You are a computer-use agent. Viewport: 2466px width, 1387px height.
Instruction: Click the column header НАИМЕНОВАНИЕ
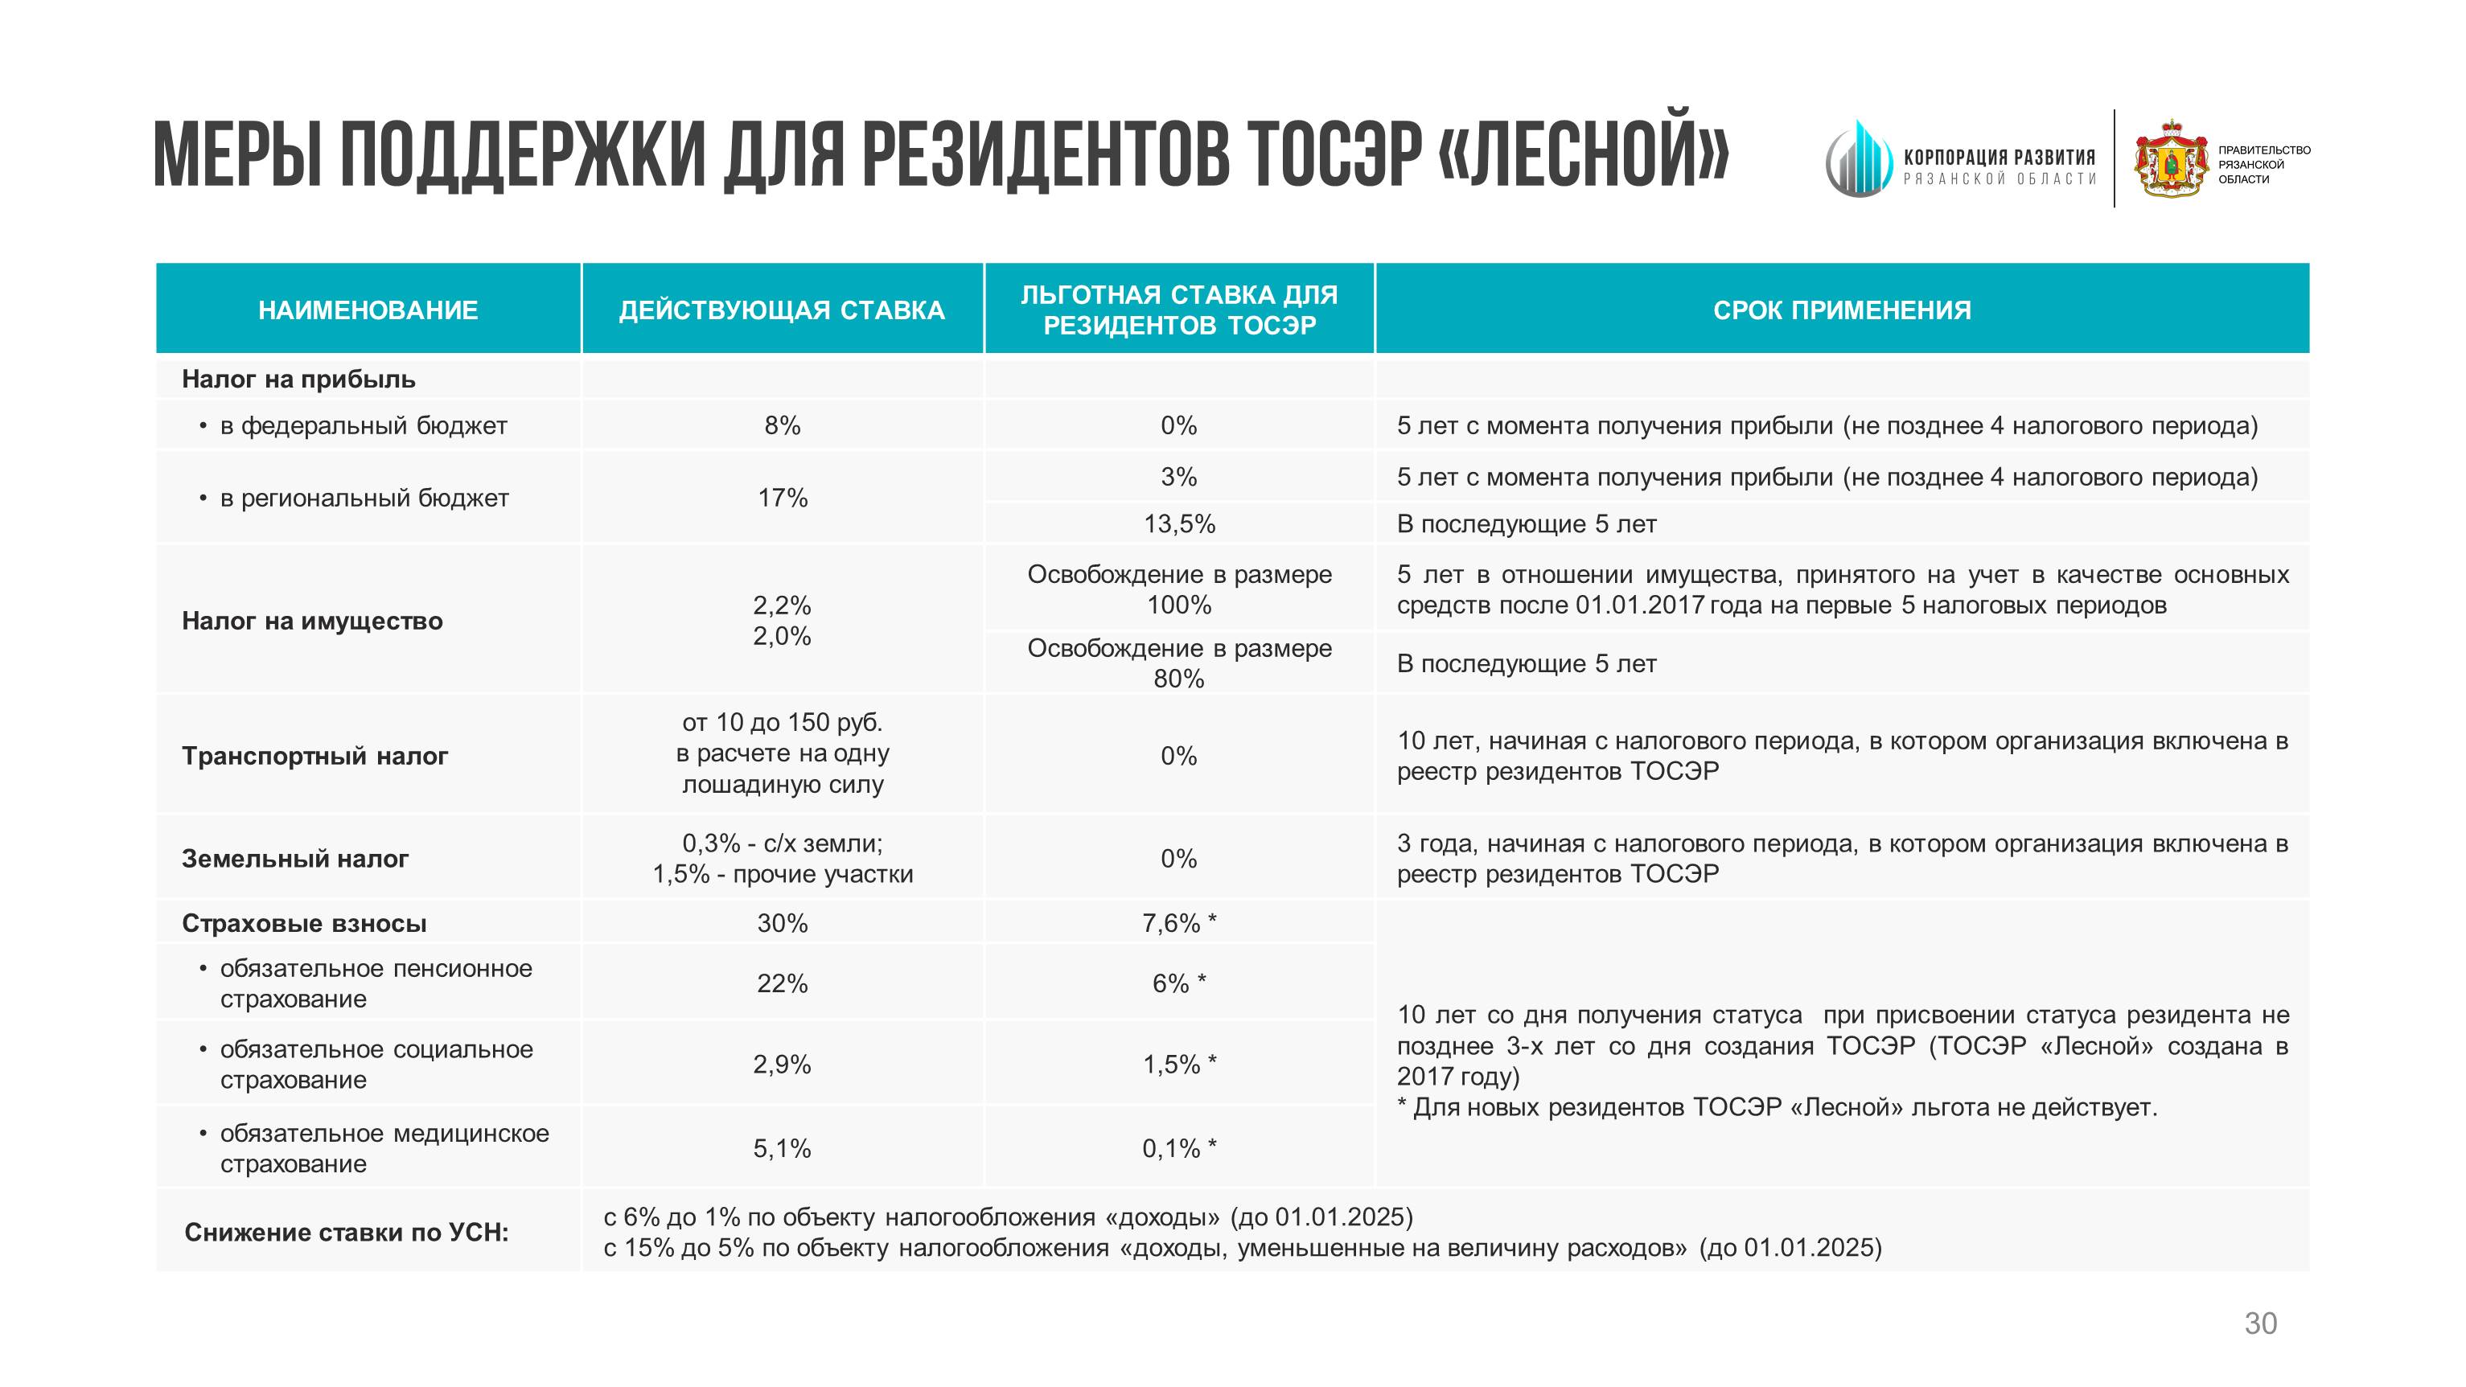click(368, 310)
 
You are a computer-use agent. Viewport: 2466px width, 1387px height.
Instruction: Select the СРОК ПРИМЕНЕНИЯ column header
click(1841, 310)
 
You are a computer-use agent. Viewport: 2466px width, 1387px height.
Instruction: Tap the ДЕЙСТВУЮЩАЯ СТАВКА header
click(781, 310)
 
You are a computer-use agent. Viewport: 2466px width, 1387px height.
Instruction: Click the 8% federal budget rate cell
click(782, 426)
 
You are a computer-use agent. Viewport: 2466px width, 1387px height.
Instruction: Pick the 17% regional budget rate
click(782, 498)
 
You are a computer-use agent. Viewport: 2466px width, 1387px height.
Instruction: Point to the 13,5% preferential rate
click(1178, 524)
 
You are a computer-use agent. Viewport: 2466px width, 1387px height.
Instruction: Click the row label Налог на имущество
click(312, 622)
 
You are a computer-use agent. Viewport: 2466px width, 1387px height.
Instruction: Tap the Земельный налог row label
click(295, 859)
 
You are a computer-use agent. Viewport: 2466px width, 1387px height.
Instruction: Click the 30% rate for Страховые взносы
click(782, 924)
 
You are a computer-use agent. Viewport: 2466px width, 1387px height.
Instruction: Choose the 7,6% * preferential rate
click(1178, 924)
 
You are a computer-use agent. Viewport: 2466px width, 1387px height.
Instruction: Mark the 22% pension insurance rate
click(782, 984)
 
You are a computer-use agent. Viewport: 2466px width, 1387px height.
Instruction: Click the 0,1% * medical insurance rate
click(1178, 1149)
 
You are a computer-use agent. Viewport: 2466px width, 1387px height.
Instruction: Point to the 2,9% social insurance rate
click(782, 1065)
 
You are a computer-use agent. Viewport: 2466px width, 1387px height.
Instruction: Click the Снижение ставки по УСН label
click(347, 1233)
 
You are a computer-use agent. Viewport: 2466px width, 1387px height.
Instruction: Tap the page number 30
click(2260, 1323)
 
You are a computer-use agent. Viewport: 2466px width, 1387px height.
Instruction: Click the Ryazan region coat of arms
click(2171, 159)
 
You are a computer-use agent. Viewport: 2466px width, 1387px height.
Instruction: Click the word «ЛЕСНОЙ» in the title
click(1584, 153)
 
